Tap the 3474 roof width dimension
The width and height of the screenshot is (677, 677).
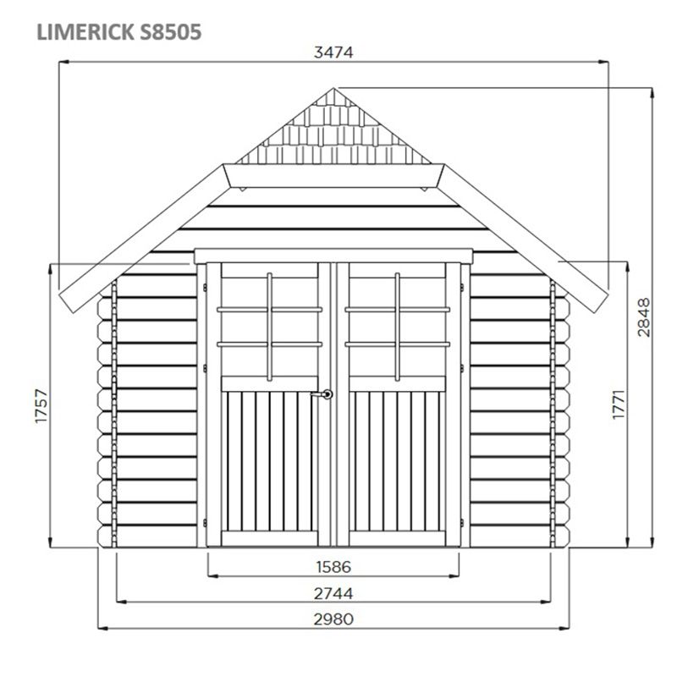point(333,52)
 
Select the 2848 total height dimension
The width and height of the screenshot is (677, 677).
point(643,316)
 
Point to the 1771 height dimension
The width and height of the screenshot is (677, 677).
point(619,404)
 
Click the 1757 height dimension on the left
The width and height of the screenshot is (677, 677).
point(41,406)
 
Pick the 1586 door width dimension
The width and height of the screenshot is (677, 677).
point(333,566)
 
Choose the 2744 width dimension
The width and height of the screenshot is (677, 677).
point(333,594)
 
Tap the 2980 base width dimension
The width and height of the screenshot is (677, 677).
point(333,619)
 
